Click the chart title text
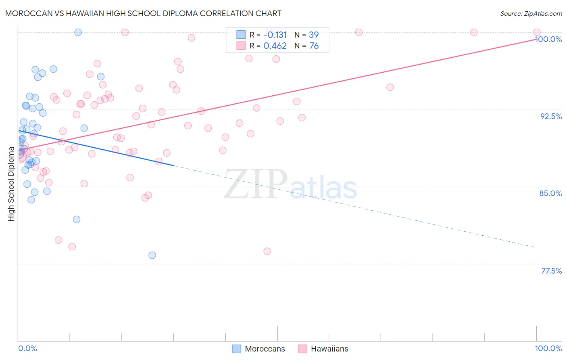pyautogui.click(x=143, y=13)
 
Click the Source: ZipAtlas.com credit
pyautogui.click(x=531, y=14)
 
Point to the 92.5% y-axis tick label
pyautogui.click(x=551, y=116)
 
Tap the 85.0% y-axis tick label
pyautogui.click(x=550, y=193)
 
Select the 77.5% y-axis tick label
pyautogui.click(x=551, y=271)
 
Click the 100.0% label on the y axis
pyautogui.click(x=548, y=39)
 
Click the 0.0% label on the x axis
pyautogui.click(x=27, y=348)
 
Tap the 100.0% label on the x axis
pyautogui.click(x=548, y=348)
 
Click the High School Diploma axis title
pyautogui.click(x=11, y=184)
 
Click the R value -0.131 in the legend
pyautogui.click(x=275, y=35)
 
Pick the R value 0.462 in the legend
pyautogui.click(x=275, y=46)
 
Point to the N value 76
pyautogui.click(x=314, y=46)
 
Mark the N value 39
pyautogui.click(x=314, y=35)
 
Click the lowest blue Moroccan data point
pyautogui.click(x=152, y=255)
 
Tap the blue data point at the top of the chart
pyautogui.click(x=78, y=32)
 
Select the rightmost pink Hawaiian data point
pyautogui.click(x=537, y=32)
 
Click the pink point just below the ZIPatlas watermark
pyautogui.click(x=267, y=251)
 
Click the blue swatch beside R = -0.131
pyautogui.click(x=241, y=35)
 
